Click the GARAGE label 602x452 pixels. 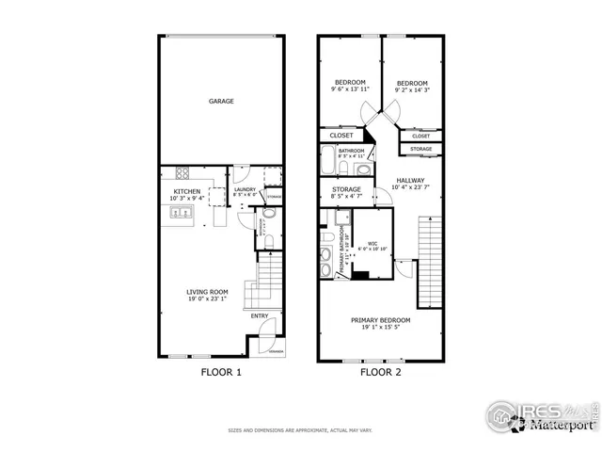pos(221,102)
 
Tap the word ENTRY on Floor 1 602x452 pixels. pos(260,315)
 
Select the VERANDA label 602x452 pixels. pos(276,349)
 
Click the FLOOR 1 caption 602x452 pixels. pos(222,372)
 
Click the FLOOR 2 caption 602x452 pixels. pos(381,372)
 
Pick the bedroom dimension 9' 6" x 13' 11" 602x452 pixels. pos(351,89)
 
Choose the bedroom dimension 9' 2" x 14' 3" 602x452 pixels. pos(411,89)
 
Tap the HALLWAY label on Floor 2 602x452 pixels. pos(409,180)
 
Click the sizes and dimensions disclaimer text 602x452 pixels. pos(301,431)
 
